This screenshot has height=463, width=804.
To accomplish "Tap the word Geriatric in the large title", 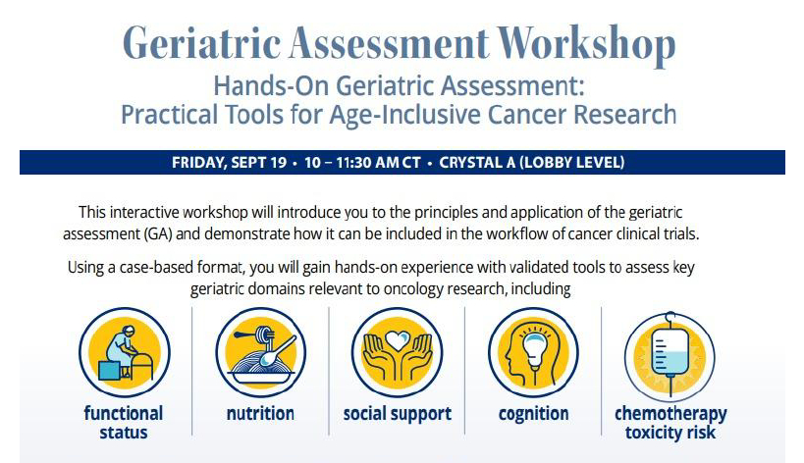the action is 201,43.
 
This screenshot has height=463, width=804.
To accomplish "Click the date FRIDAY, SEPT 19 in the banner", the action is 229,163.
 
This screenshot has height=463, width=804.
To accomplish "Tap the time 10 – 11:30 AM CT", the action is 362,163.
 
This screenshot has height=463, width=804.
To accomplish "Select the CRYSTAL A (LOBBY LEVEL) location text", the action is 532,163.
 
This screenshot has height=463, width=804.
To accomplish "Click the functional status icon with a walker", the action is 125,352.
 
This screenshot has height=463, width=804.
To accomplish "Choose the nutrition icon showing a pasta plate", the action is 260,352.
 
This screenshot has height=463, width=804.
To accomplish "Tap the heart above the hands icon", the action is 397,339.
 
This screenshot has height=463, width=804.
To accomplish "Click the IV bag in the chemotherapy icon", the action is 670,353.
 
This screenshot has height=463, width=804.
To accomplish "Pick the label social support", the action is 398,414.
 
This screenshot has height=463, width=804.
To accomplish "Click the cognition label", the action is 533,414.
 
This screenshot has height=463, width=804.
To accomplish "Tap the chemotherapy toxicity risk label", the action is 670,423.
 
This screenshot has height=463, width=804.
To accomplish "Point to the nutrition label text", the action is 260,413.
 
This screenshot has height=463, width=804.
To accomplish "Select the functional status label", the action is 124,423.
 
